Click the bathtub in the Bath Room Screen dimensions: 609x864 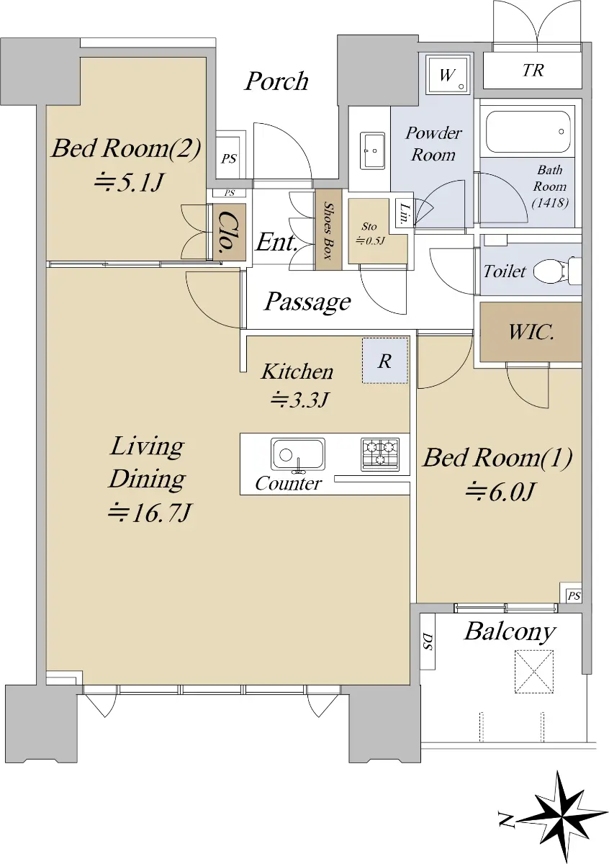coord(527,132)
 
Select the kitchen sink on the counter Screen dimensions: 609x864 coord(297,455)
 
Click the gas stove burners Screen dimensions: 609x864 coord(380,454)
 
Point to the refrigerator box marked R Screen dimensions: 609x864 coord(385,361)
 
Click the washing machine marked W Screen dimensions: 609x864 coord(448,74)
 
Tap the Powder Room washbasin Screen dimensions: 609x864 coord(372,150)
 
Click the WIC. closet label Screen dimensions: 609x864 coord(531,332)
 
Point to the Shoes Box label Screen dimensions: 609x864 coord(328,230)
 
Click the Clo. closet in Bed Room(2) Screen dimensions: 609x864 coord(230,231)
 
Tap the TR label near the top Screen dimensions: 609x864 coord(533,71)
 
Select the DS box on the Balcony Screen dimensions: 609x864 coord(428,641)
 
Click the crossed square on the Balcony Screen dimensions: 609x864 coord(534,671)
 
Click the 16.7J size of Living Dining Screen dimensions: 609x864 coord(149,513)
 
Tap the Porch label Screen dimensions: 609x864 coord(277,81)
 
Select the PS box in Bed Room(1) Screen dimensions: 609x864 coord(573,595)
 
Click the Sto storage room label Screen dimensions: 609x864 coord(369,226)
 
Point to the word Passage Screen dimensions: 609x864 coord(307,301)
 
